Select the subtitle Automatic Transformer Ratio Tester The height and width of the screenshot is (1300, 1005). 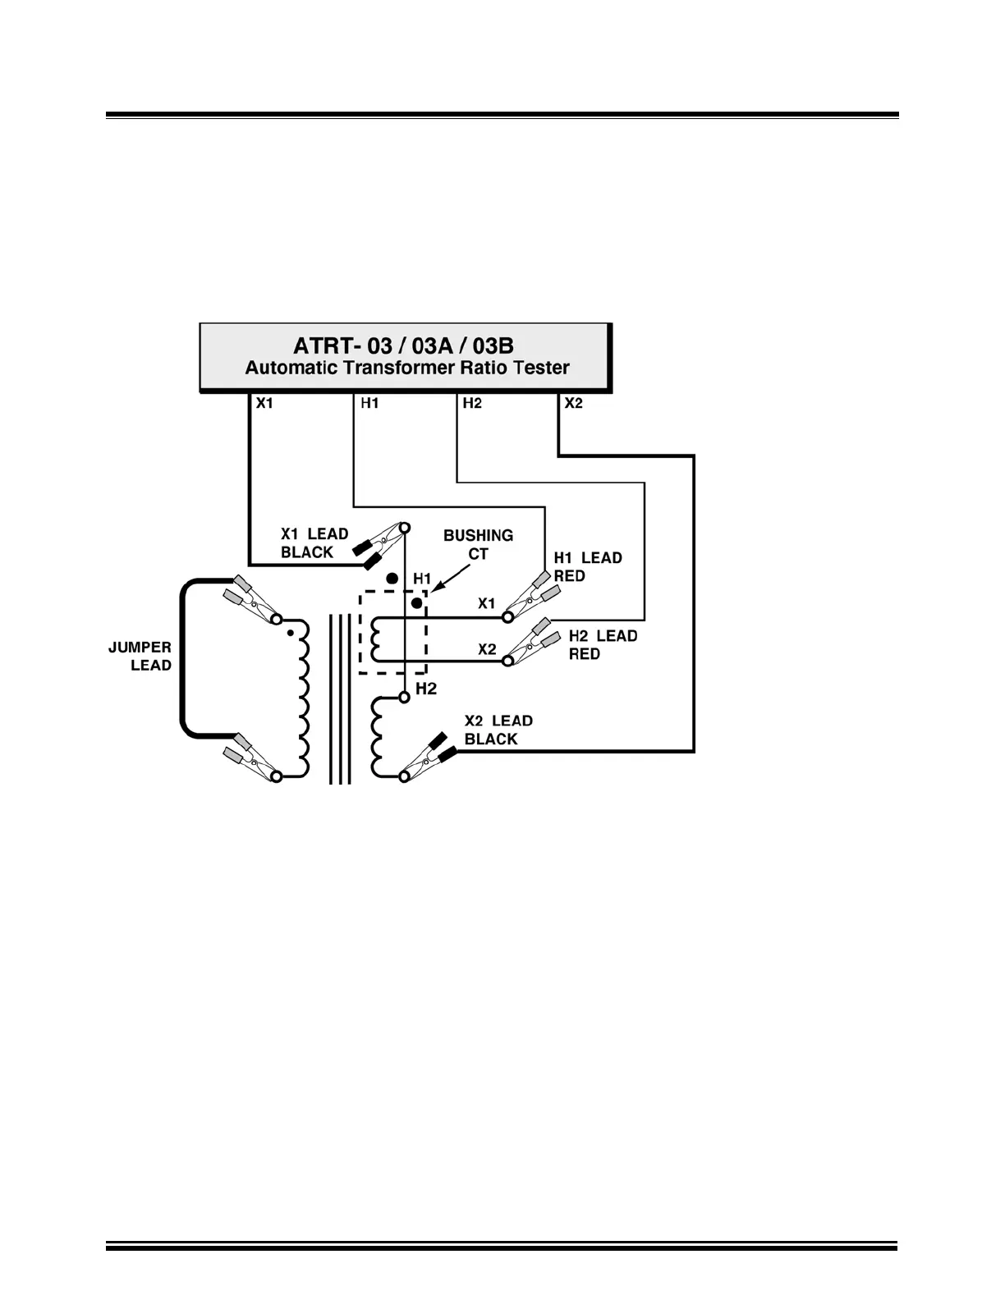pos(407,368)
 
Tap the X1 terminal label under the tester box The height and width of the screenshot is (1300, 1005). pos(264,403)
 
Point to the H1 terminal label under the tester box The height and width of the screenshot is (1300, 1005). pos(369,403)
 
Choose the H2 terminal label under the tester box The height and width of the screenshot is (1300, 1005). pos(472,403)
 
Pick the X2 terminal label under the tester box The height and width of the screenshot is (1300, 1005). pos(573,403)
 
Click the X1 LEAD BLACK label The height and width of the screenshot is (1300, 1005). pos(314,543)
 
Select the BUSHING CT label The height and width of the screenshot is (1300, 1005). pos(478,544)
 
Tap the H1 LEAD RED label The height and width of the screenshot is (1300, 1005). pos(587,566)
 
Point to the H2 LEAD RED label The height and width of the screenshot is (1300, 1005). pos(603,644)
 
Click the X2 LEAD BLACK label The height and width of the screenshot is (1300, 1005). pos(498,730)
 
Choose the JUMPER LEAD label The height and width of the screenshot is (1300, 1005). pos(140,657)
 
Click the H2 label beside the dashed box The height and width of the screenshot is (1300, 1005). pos(426,689)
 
